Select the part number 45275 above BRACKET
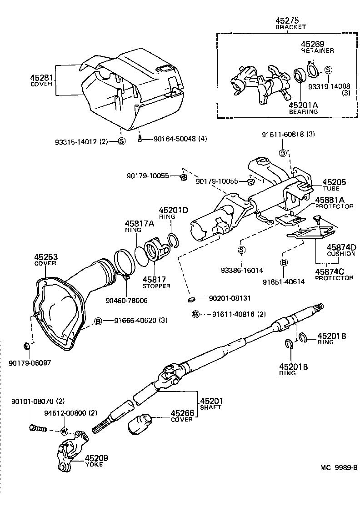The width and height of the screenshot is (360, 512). coord(289,21)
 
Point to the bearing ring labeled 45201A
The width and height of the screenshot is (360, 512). coord(300,75)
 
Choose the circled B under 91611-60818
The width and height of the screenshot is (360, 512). coord(282,153)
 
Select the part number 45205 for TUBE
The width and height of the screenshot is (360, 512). coord(334,182)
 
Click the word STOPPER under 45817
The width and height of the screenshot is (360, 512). coord(156,286)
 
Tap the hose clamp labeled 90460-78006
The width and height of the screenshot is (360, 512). coord(125,275)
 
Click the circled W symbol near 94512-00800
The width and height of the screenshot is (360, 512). coord(64,431)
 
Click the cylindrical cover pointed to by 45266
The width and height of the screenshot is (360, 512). coord(140,424)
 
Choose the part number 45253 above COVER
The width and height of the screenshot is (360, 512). coord(45,256)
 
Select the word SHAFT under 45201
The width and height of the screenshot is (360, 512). coord(210,407)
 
